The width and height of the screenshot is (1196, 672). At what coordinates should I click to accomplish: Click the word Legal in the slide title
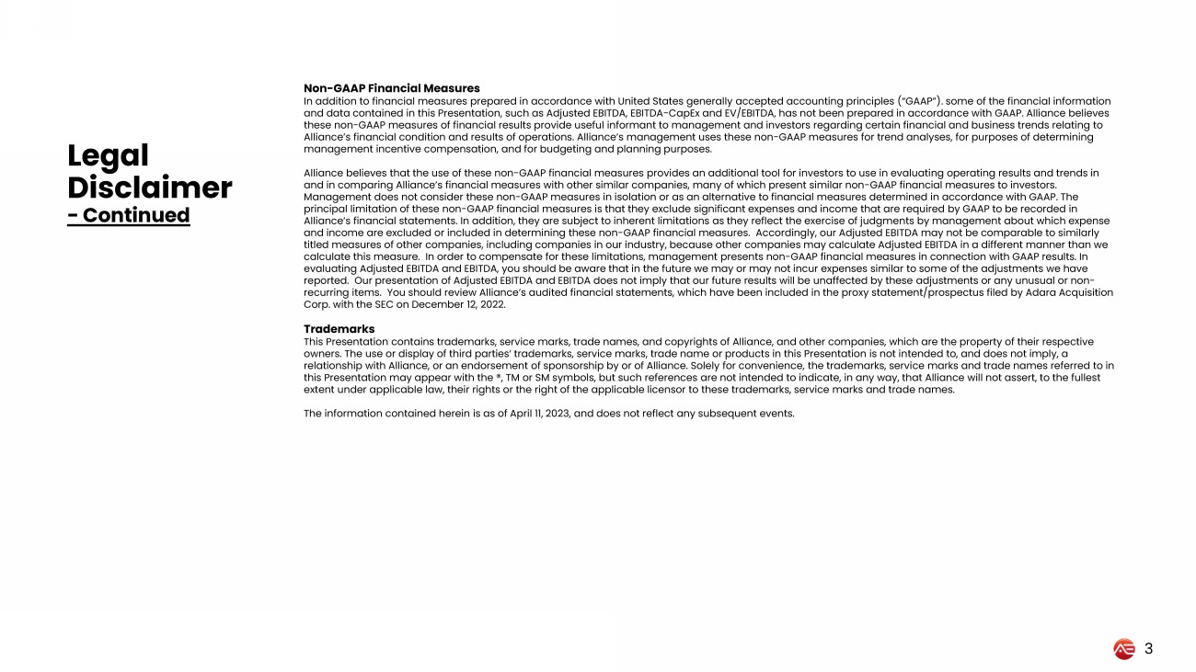point(108,155)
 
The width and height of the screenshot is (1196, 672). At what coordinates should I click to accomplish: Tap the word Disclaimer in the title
point(149,188)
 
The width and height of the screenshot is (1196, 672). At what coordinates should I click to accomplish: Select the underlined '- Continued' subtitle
point(129,215)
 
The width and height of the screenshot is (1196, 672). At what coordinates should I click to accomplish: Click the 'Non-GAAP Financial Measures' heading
point(392,88)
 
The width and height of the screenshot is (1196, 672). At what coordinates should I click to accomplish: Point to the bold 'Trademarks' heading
point(339,328)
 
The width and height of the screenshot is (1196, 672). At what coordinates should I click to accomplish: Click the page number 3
point(1148,649)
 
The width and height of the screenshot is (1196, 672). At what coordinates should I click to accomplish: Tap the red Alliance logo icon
point(1123,649)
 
